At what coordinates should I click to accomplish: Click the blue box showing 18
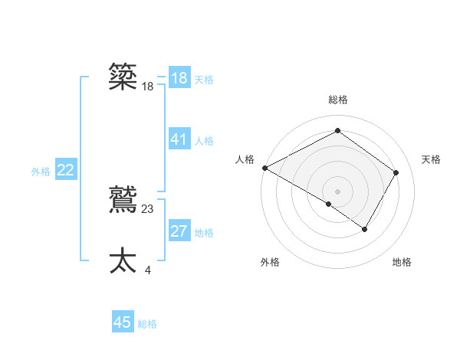[x=179, y=78]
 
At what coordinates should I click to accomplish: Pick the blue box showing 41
[x=179, y=139]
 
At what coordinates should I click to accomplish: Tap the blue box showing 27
[x=179, y=231]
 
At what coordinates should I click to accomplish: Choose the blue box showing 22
[x=65, y=170]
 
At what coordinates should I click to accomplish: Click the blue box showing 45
[x=123, y=322]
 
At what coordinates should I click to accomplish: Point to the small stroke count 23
[x=148, y=208]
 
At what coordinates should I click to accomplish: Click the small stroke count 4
[x=147, y=270]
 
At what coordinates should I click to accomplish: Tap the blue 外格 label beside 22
[x=41, y=172]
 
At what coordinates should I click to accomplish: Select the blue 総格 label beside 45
[x=147, y=324]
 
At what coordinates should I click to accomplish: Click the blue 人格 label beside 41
[x=204, y=141]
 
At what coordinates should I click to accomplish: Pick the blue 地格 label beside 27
[x=204, y=233]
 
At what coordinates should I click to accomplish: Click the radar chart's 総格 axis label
[x=337, y=100]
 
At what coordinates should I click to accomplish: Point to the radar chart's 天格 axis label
[x=431, y=159]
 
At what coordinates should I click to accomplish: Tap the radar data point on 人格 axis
[x=264, y=167]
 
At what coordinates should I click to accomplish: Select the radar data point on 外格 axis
[x=329, y=204]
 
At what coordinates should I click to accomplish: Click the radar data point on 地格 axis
[x=365, y=229]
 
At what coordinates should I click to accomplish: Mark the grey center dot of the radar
[x=337, y=191]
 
